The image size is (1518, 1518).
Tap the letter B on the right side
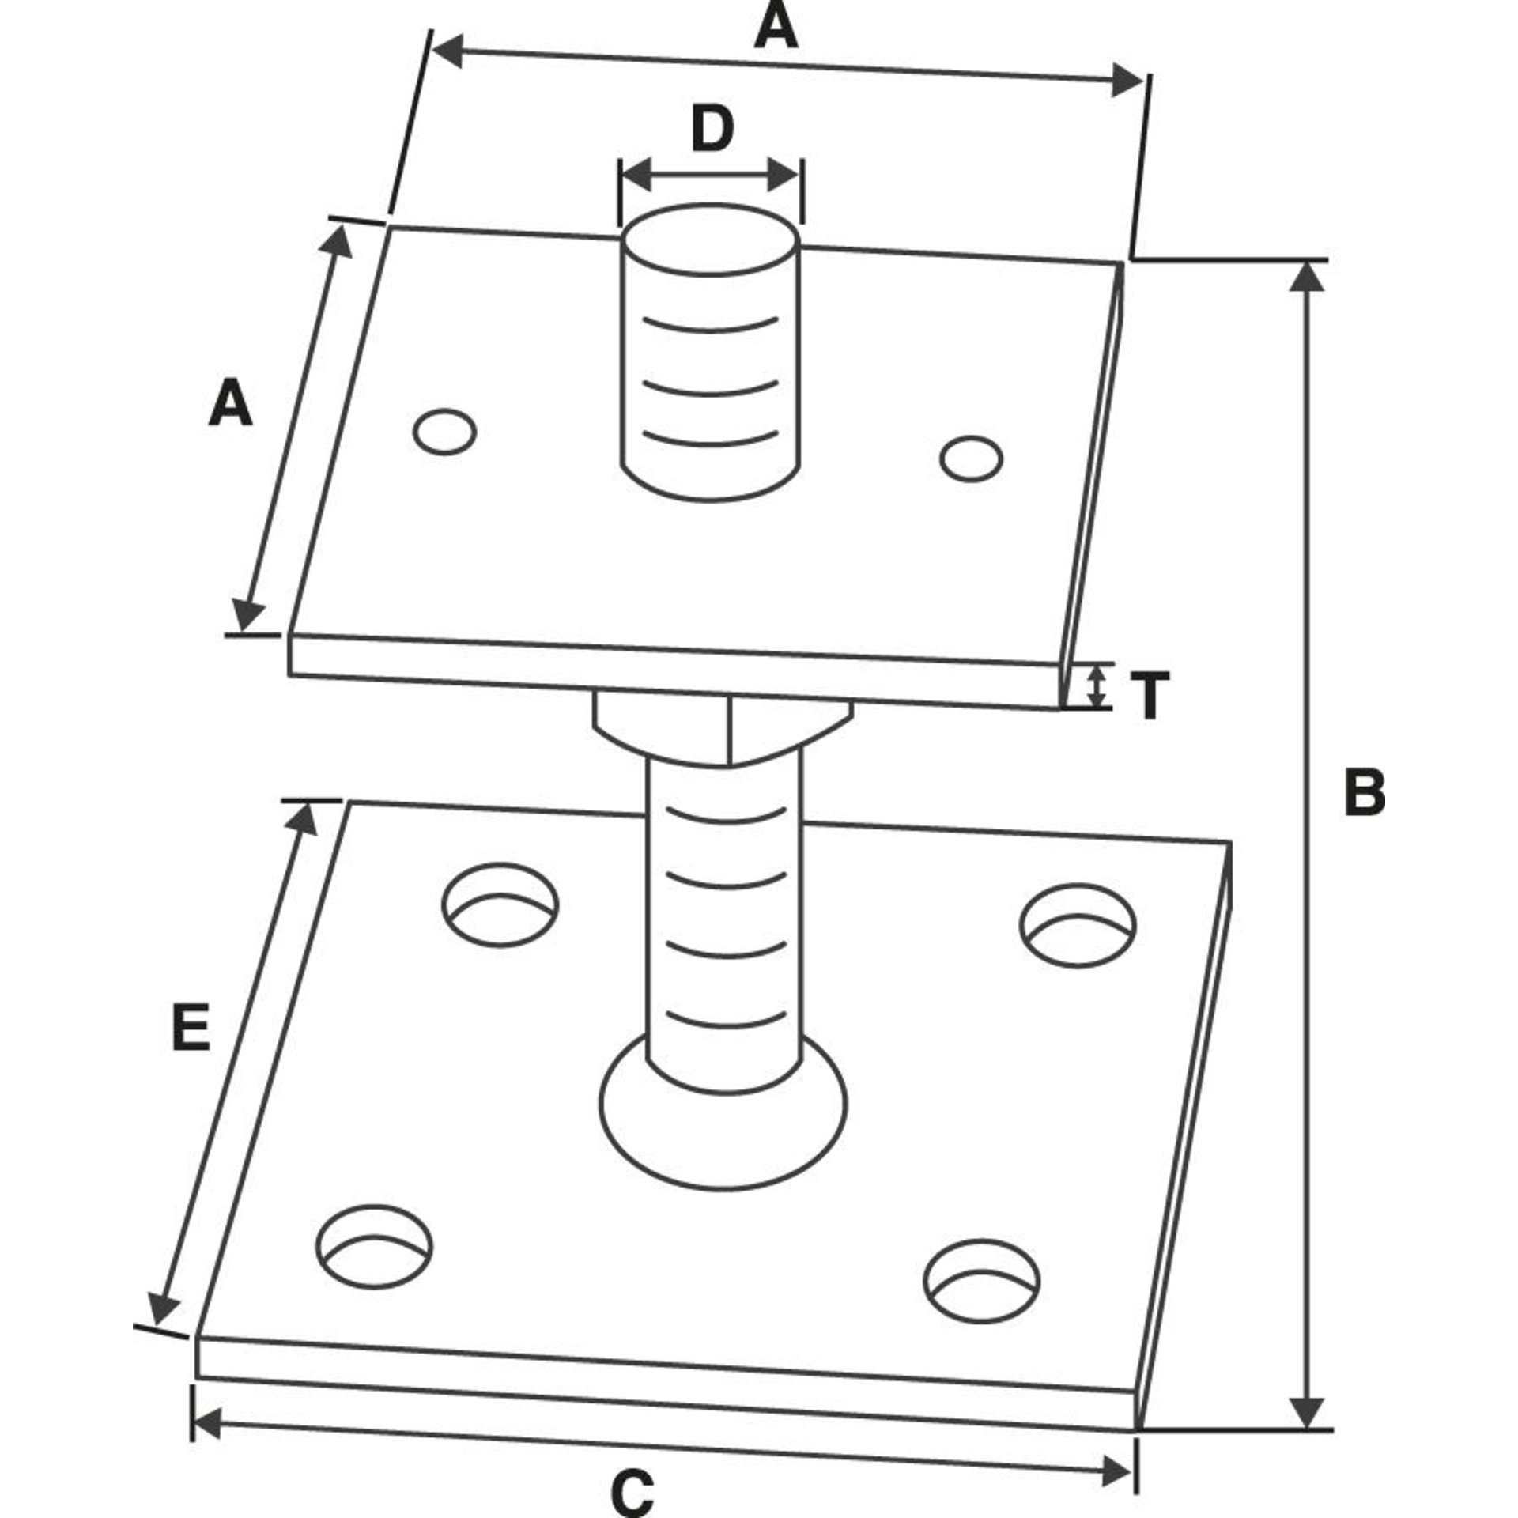(1365, 791)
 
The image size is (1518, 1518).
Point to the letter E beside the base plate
(191, 1027)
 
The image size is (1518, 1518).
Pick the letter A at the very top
(776, 26)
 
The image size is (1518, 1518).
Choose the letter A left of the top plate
(230, 404)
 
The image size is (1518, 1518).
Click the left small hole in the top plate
(445, 432)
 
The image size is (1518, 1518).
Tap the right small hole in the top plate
(972, 458)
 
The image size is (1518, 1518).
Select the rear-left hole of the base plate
(500, 904)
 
